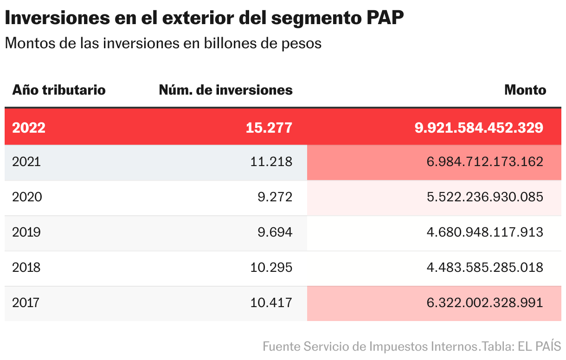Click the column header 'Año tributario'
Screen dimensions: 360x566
(x=59, y=90)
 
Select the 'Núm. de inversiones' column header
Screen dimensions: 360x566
(x=225, y=90)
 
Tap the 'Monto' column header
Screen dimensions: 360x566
(x=525, y=90)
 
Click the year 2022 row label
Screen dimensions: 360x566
(x=29, y=128)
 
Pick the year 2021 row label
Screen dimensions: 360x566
(x=26, y=161)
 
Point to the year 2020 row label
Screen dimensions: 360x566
(x=27, y=197)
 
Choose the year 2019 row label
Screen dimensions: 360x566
(x=26, y=232)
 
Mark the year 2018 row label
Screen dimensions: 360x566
(x=26, y=267)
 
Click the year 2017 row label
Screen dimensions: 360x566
(x=26, y=303)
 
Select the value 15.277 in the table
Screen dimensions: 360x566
(x=269, y=128)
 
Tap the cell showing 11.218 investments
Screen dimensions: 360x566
(x=271, y=161)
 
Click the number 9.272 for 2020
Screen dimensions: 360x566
(x=275, y=197)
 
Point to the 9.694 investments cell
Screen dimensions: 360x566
(x=275, y=232)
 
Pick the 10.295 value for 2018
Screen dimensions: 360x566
(x=271, y=267)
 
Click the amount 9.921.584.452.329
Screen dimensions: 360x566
(x=479, y=128)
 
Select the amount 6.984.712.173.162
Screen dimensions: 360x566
(x=485, y=161)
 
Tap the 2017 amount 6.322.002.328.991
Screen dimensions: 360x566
(x=485, y=303)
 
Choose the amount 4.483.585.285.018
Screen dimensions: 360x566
(x=485, y=267)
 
